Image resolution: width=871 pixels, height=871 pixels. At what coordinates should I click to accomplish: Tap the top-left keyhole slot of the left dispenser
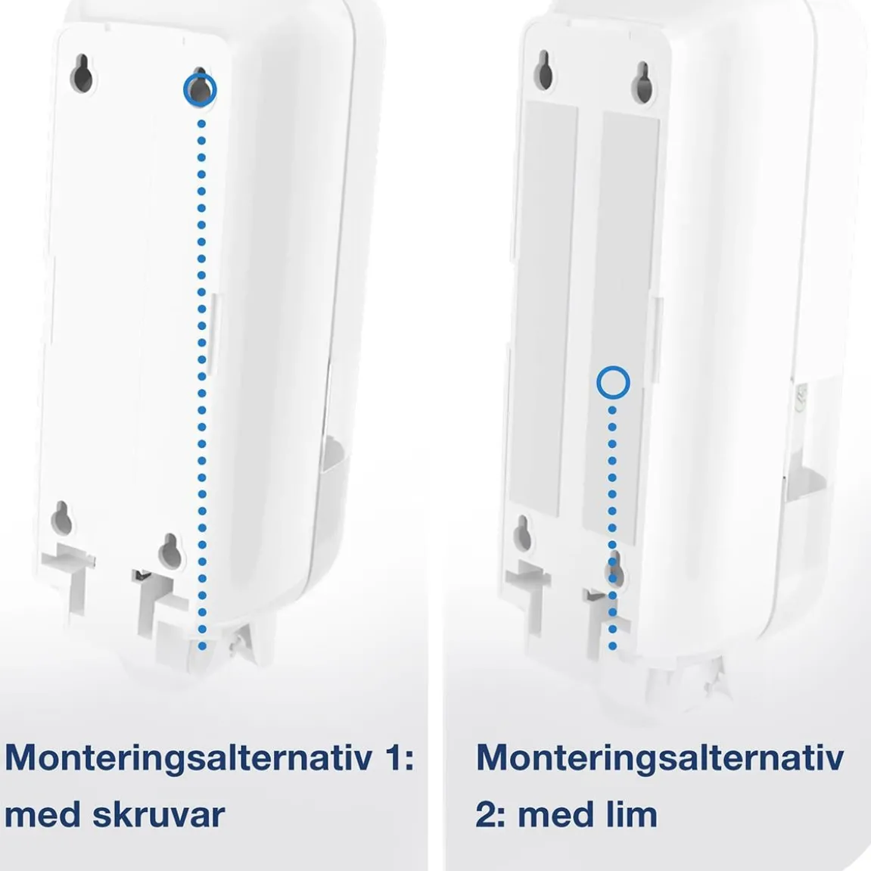click(x=82, y=74)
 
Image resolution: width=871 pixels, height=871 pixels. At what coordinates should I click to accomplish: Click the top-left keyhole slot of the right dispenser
click(x=544, y=70)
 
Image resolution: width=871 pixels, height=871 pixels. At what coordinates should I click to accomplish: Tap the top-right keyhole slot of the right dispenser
click(x=642, y=83)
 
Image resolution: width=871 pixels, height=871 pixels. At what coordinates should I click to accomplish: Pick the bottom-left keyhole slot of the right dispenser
click(x=522, y=533)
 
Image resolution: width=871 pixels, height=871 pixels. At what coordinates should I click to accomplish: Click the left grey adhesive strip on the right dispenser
click(x=543, y=309)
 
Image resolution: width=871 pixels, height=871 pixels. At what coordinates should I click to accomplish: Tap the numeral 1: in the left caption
click(x=398, y=757)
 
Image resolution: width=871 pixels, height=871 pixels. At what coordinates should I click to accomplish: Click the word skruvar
click(x=158, y=814)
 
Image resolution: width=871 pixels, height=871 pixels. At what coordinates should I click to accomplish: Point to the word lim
click(x=629, y=814)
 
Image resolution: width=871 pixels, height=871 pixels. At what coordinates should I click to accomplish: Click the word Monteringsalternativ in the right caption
click(x=661, y=757)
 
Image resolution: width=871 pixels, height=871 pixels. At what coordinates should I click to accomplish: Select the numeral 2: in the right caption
click(x=490, y=815)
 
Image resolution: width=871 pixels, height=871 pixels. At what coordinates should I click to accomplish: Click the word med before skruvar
click(x=43, y=814)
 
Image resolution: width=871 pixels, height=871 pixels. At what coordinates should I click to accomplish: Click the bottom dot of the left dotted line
click(x=202, y=646)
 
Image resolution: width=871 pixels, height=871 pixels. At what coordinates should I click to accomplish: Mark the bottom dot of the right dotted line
click(x=612, y=646)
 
